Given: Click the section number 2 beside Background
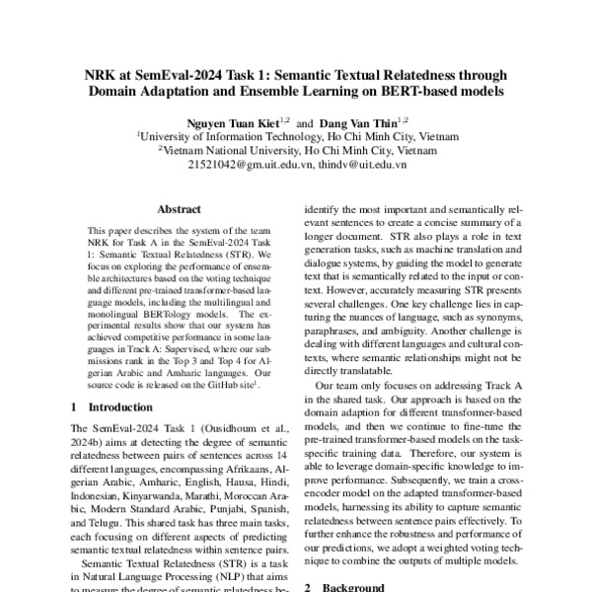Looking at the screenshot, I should (309, 586).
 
